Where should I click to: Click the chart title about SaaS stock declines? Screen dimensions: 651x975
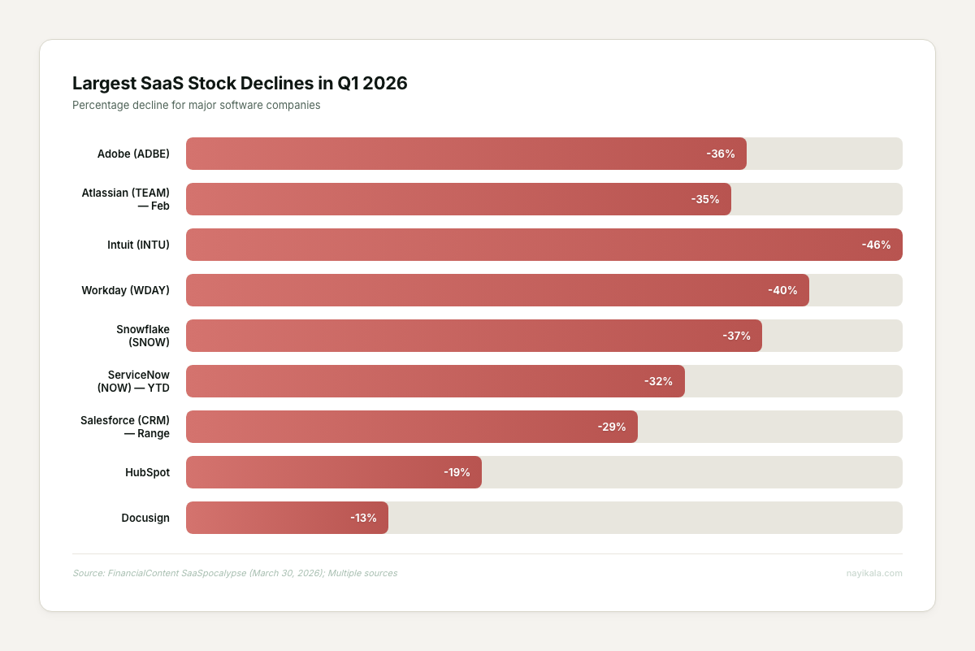(240, 83)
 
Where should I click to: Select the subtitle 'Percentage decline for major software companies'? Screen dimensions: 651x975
(196, 105)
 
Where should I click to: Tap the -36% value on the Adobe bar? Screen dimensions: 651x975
(720, 154)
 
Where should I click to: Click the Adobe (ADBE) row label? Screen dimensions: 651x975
(133, 154)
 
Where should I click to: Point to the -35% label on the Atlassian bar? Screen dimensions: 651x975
(704, 199)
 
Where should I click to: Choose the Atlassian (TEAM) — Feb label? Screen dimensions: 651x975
(126, 199)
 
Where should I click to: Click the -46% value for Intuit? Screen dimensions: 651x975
(876, 245)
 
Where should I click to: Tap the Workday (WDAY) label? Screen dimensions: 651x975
(126, 290)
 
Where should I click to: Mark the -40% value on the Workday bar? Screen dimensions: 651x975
(782, 290)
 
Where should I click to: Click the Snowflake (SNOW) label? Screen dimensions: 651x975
(143, 336)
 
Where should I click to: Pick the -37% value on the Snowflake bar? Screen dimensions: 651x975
(736, 336)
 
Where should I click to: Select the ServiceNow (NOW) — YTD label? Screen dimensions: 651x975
(133, 381)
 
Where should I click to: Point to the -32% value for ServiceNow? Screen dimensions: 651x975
(658, 381)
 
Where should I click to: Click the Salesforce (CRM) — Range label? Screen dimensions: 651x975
(125, 427)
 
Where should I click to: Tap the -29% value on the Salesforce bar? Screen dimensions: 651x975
(611, 427)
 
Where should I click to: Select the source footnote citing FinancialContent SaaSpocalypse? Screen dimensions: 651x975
(235, 573)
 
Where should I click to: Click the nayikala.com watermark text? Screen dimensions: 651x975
(873, 573)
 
